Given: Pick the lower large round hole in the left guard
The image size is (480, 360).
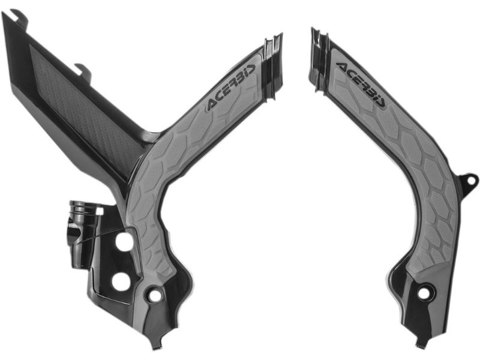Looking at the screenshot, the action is pos(121,281).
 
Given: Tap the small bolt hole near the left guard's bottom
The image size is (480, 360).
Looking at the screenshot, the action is pos(155,295).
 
